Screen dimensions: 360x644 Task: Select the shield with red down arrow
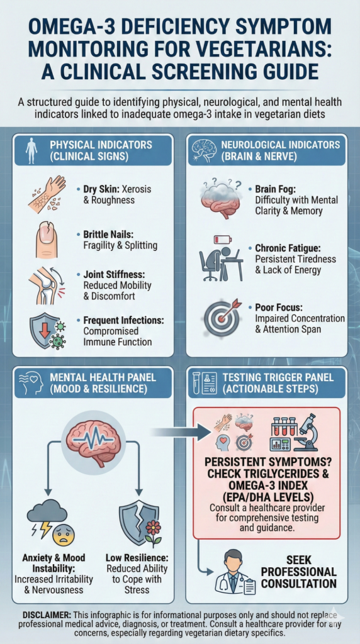[x=41, y=331]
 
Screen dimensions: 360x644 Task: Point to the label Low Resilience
[x=132, y=558]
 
